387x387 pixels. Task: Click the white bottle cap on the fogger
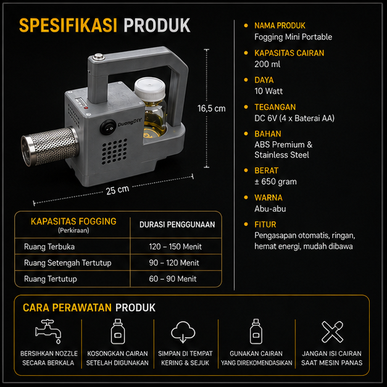150,88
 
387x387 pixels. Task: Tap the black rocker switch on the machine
108,127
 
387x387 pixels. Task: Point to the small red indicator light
86,108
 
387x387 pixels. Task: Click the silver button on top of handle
99,57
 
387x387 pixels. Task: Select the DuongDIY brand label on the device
130,122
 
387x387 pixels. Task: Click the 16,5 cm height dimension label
211,109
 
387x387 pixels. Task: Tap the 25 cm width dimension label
117,190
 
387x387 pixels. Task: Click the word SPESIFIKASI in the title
68,25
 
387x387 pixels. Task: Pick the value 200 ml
267,64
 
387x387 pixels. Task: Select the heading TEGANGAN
275,107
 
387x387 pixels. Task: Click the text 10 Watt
268,91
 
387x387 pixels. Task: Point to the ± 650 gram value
275,181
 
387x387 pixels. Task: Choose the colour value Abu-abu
270,209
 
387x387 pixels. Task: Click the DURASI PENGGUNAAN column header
177,225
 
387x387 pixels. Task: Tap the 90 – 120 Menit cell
174,262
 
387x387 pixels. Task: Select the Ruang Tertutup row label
51,279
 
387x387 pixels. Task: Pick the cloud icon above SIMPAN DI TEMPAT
183,331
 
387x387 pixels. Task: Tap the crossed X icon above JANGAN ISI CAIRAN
332,331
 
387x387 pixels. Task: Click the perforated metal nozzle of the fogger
50,147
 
